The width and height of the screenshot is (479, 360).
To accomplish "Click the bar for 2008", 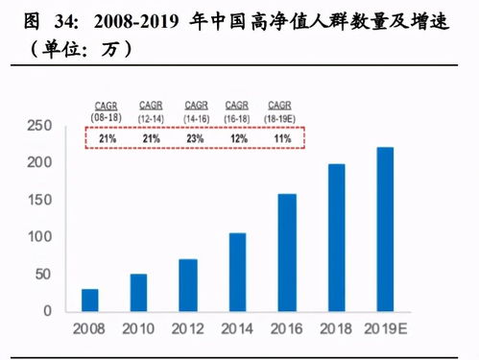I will pyautogui.click(x=89, y=300).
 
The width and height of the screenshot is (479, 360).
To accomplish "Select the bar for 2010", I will pyautogui.click(x=139, y=293).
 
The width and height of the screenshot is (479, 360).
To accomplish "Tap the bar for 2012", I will pyautogui.click(x=188, y=285).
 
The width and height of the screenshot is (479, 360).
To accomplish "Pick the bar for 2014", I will pyautogui.click(x=237, y=272).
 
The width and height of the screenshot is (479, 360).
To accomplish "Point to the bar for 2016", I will pyautogui.click(x=287, y=252).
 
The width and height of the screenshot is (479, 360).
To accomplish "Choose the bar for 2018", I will pyautogui.click(x=336, y=237).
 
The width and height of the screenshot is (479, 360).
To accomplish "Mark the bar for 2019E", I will pyautogui.click(x=385, y=229).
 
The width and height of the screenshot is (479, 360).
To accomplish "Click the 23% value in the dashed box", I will pyautogui.click(x=196, y=138).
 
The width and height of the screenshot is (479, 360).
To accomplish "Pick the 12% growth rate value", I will pyautogui.click(x=238, y=138).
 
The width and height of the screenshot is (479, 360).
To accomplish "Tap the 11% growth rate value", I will pyautogui.click(x=280, y=138).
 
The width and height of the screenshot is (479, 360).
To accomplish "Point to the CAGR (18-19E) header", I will pyautogui.click(x=280, y=108).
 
